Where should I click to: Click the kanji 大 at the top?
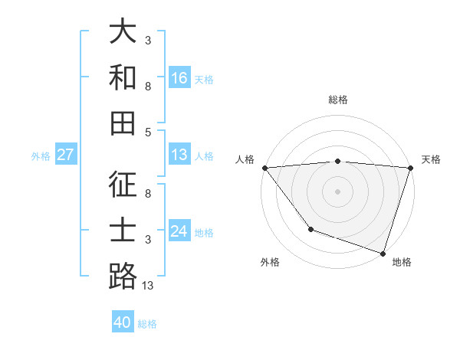(x=123, y=33)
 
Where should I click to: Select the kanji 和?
(x=123, y=77)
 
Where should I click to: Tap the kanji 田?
(x=123, y=123)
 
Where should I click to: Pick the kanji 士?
(x=123, y=231)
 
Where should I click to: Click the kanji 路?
(x=123, y=276)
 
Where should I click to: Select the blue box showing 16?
(x=179, y=77)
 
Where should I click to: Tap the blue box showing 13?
(x=179, y=155)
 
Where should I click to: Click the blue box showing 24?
(x=179, y=231)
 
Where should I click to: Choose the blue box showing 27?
(x=66, y=155)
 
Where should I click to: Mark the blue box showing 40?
(x=123, y=322)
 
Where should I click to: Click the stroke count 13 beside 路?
(x=148, y=286)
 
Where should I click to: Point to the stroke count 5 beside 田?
(x=148, y=132)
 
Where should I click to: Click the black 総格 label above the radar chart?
(x=337, y=100)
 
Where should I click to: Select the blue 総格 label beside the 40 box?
(x=147, y=324)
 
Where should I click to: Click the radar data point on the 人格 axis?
(x=264, y=167)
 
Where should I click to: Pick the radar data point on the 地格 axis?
(x=383, y=253)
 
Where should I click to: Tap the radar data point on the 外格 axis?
(x=310, y=228)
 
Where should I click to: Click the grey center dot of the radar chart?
(x=337, y=191)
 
